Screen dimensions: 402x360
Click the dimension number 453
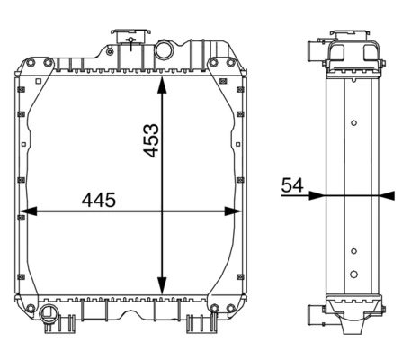151,140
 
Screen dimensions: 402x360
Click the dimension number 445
99,200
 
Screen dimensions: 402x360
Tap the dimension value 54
292,185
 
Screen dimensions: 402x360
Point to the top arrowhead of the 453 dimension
162,85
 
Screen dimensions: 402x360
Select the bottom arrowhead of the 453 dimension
162,285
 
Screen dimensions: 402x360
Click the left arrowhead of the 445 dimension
29,211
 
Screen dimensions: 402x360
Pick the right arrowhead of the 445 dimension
233,211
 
